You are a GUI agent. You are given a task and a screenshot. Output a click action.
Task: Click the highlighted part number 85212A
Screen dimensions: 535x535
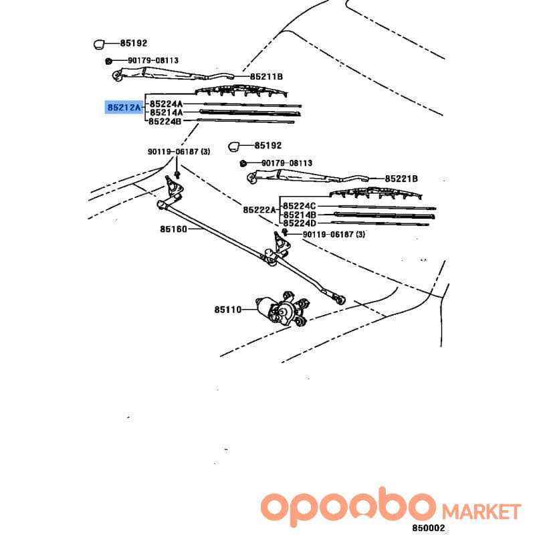(x=124, y=108)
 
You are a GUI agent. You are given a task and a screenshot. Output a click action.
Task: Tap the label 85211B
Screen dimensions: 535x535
(x=266, y=77)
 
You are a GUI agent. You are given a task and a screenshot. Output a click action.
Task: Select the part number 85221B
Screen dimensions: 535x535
(x=401, y=179)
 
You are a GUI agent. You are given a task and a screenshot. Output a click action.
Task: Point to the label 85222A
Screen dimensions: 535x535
(x=259, y=210)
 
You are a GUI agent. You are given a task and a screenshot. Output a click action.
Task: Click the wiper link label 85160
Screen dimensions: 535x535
(x=174, y=229)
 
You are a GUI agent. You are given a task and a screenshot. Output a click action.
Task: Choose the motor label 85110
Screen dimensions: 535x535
(x=228, y=310)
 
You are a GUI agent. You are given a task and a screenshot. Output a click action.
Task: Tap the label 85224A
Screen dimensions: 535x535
(x=166, y=104)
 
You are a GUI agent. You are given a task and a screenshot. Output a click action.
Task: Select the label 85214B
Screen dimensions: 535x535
(x=300, y=215)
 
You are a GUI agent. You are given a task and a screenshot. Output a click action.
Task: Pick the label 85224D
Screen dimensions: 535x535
(x=300, y=223)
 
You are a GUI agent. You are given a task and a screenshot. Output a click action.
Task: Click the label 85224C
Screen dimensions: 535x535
(x=300, y=206)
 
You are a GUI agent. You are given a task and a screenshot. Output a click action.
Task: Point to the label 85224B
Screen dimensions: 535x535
(x=165, y=121)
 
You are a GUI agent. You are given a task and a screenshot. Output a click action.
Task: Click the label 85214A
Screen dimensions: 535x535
(x=166, y=112)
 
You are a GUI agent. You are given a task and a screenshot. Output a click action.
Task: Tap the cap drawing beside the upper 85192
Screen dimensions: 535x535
(x=99, y=44)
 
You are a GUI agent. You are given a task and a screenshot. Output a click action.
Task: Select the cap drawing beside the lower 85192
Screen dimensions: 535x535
(x=233, y=146)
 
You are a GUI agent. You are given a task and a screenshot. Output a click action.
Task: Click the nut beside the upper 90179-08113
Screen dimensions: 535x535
(x=108, y=61)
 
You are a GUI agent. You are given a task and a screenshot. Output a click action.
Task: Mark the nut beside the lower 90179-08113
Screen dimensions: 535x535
(x=243, y=163)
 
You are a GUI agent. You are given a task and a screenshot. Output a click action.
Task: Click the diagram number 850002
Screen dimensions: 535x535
(x=428, y=528)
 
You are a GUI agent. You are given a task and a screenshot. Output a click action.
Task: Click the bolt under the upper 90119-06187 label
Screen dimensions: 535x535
(x=177, y=175)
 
